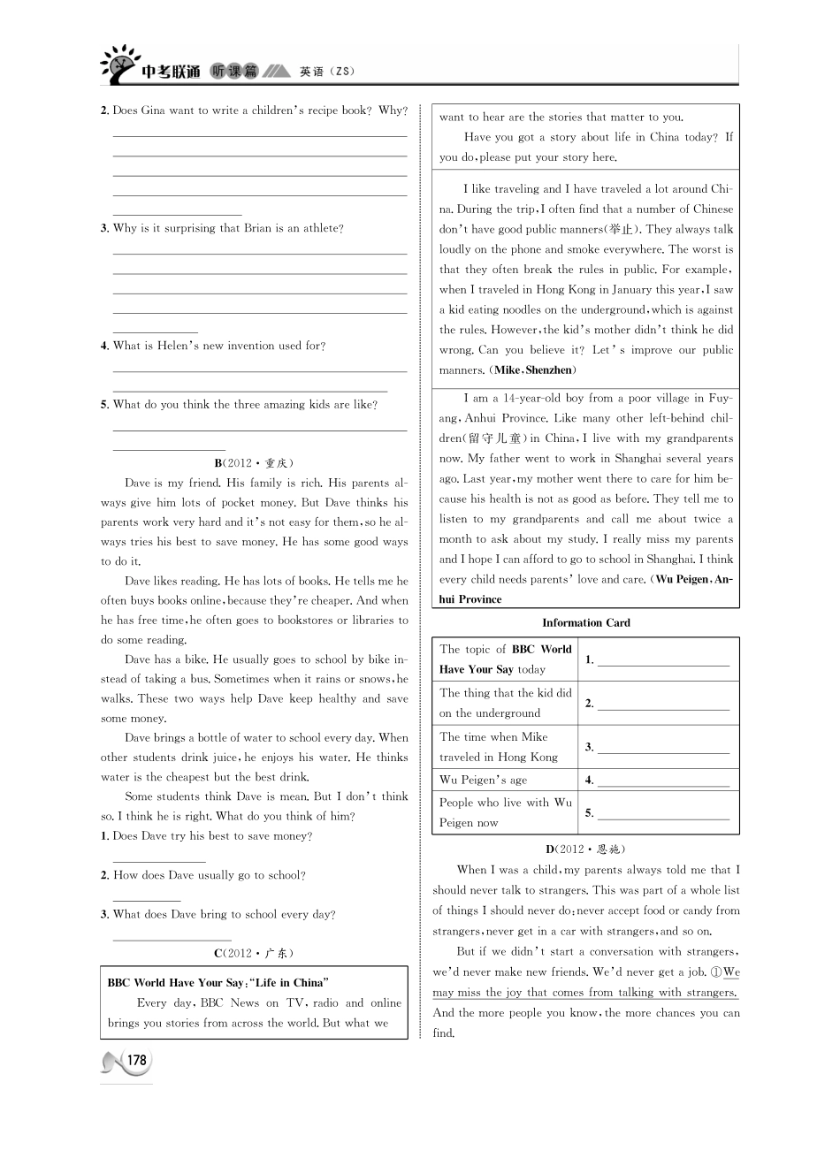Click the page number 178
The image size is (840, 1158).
pyautogui.click(x=137, y=1060)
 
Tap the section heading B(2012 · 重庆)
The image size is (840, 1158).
pyautogui.click(x=253, y=462)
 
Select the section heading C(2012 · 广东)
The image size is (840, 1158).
pyautogui.click(x=253, y=953)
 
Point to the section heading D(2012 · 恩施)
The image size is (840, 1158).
pyautogui.click(x=584, y=849)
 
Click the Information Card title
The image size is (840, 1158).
pyautogui.click(x=585, y=622)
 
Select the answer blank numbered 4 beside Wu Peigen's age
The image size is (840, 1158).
pyautogui.click(x=663, y=781)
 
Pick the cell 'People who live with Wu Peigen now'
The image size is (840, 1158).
pyautogui.click(x=505, y=812)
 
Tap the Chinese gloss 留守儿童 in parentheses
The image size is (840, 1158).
pyautogui.click(x=495, y=438)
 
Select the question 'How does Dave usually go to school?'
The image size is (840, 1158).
pyautogui.click(x=209, y=875)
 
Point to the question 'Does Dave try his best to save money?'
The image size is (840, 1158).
pyautogui.click(x=212, y=836)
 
